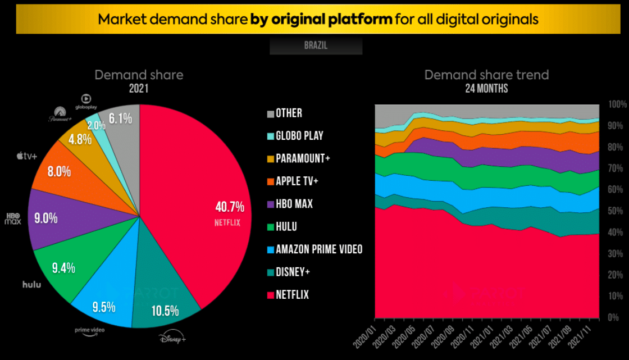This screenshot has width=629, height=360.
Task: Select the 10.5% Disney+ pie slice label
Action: tap(165, 311)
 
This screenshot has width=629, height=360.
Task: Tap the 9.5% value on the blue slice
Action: tap(103, 307)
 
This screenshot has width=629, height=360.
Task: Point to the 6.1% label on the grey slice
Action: tap(121, 119)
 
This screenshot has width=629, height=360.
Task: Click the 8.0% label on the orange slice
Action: tap(59, 171)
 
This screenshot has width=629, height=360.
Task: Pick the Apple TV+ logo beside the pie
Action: tap(26, 156)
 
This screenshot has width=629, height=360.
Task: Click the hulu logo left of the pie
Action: tap(32, 284)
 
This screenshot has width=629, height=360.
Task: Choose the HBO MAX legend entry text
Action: tap(295, 204)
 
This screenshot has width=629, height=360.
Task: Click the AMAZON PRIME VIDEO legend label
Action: tap(319, 249)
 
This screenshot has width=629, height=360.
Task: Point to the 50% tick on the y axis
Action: tap(617, 211)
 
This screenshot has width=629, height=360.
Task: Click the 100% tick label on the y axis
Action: tap(617, 104)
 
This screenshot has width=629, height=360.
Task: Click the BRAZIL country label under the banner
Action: tap(316, 45)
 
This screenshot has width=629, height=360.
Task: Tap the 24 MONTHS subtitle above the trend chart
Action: tap(486, 89)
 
